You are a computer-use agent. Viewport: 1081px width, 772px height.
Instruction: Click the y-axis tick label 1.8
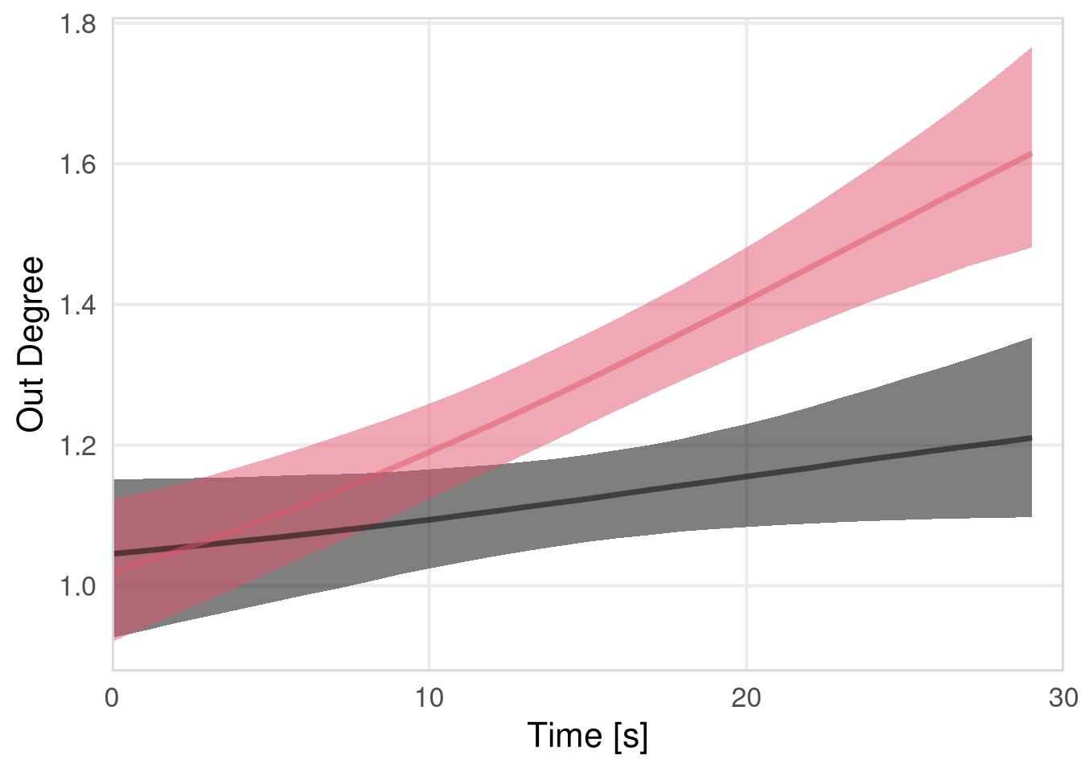(x=78, y=24)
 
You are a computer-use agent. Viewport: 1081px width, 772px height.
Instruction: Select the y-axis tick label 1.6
(x=78, y=164)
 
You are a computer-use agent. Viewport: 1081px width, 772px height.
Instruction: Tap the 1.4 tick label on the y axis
(x=78, y=305)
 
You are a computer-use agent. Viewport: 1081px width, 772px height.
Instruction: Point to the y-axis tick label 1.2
(x=78, y=445)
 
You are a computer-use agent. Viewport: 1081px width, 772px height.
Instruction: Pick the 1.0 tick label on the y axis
(x=78, y=585)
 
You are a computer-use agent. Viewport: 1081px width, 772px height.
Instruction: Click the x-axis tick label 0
(x=112, y=698)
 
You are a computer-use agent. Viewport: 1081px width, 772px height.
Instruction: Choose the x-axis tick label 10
(x=430, y=698)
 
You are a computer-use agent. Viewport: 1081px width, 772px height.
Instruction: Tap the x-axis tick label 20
(x=746, y=698)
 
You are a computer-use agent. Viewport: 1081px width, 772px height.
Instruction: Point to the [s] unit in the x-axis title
(x=630, y=736)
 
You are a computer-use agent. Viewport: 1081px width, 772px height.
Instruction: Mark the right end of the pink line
(x=1031, y=153)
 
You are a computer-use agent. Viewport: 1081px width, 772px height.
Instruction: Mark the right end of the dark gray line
(x=1031, y=437)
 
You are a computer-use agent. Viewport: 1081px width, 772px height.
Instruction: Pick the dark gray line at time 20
(x=746, y=477)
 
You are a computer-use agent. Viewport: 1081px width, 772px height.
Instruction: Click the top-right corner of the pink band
(x=1031, y=48)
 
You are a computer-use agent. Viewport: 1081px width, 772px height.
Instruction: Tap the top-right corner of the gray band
(x=1031, y=339)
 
